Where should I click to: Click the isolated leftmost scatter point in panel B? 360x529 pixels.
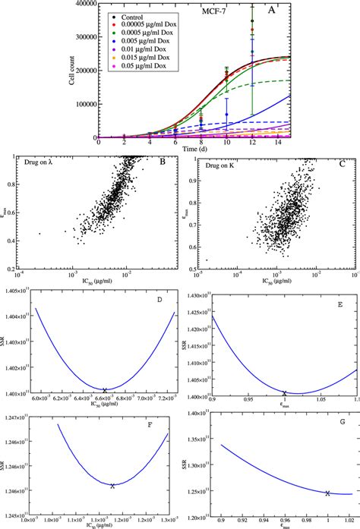click(x=39, y=234)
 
